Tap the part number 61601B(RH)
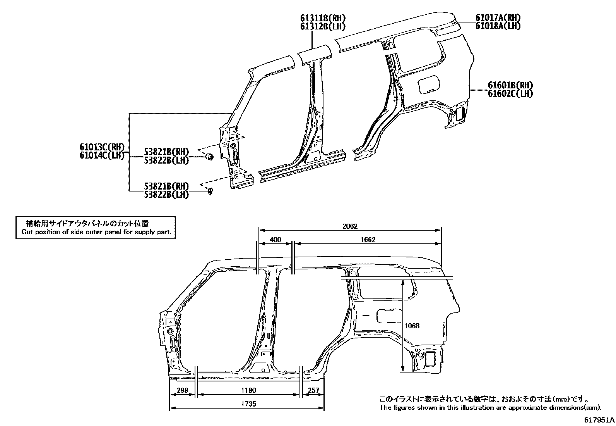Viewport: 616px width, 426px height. pos(510,86)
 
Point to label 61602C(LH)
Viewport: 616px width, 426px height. pos(510,94)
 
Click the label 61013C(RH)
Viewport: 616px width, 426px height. pos(102,147)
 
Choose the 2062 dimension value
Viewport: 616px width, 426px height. pos(350,226)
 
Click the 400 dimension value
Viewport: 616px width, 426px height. pos(275,240)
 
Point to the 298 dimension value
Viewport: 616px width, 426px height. pos(182,390)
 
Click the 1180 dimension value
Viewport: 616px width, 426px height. pos(248,390)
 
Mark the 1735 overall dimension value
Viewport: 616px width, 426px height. pos(248,404)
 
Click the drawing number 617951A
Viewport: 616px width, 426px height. pos(599,420)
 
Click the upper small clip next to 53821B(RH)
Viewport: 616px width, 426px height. pos(209,157)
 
